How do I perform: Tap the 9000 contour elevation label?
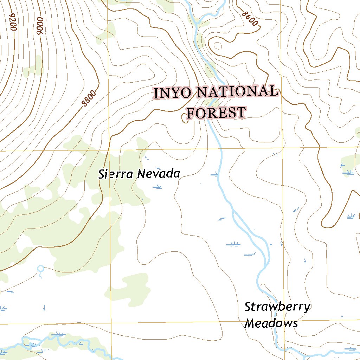click(x=39, y=26)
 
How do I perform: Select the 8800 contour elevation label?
click(x=88, y=98)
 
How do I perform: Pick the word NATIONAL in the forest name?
click(x=237, y=92)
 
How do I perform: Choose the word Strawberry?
click(x=277, y=307)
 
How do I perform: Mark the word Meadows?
click(x=271, y=323)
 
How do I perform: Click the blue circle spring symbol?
click(x=40, y=269)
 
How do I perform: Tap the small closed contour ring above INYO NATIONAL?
click(x=218, y=46)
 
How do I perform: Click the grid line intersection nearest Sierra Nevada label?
click(x=108, y=150)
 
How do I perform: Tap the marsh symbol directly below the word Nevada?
click(x=157, y=187)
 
